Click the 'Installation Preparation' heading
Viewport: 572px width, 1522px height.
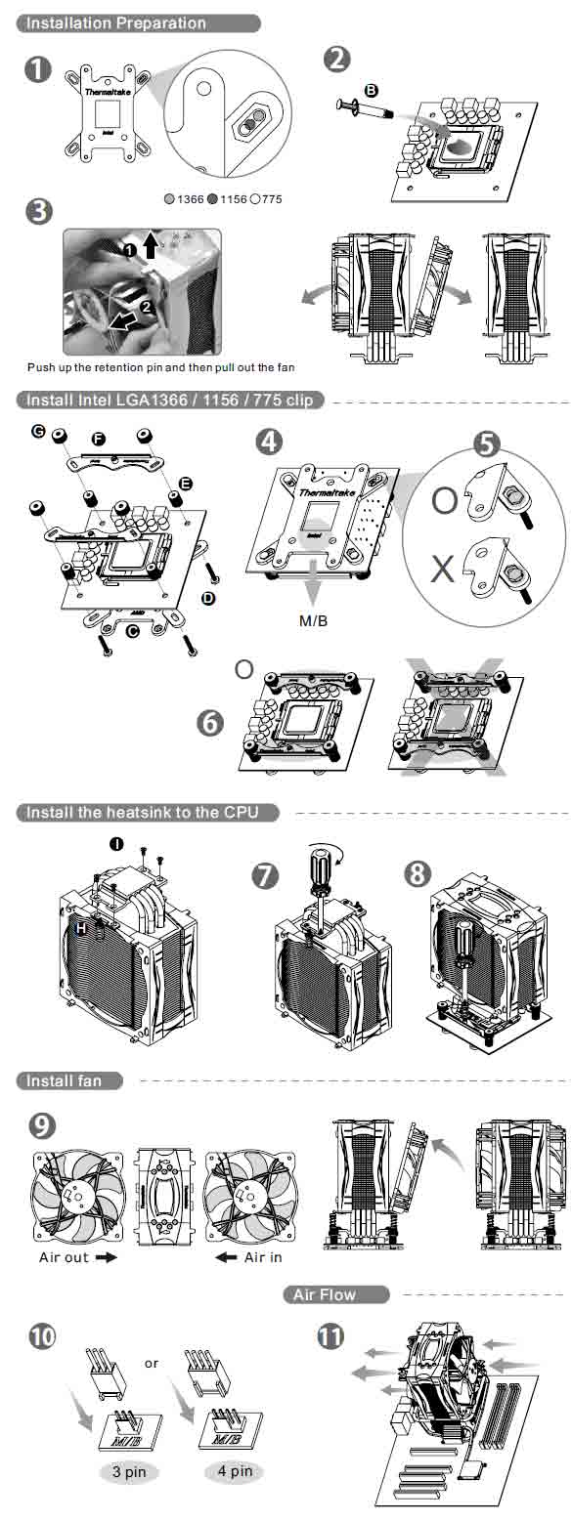(116, 22)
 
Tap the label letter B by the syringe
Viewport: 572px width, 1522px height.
(371, 90)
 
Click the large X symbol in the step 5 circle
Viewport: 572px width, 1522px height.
(443, 569)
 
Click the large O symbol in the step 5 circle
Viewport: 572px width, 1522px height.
(444, 501)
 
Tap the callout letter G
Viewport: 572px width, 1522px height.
(38, 430)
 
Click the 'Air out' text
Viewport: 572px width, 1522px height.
(65, 1230)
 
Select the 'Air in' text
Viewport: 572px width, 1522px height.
(263, 1230)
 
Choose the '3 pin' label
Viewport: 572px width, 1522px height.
(128, 1470)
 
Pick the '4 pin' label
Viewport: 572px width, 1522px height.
(235, 1470)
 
